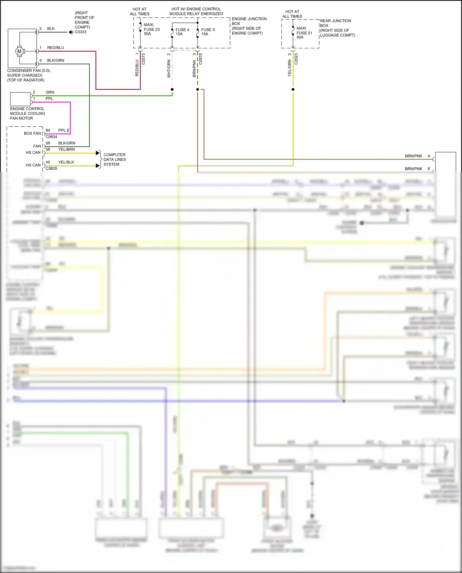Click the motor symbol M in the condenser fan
[19, 51]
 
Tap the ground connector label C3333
[81, 32]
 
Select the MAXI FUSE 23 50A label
[152, 29]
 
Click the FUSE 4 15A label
[182, 32]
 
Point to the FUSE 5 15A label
[208, 32]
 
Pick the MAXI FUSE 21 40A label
[304, 33]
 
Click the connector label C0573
[143, 59]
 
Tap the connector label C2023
[296, 59]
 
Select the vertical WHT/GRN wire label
[169, 69]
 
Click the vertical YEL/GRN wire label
[290, 68]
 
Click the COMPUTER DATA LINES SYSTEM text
[115, 159]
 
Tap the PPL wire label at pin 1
[49, 99]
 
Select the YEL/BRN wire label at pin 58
[66, 149]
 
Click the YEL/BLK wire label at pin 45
[66, 162]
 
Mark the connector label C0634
[51, 137]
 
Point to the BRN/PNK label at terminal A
[413, 156]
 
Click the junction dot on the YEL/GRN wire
[293, 90]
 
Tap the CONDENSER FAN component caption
[29, 75]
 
